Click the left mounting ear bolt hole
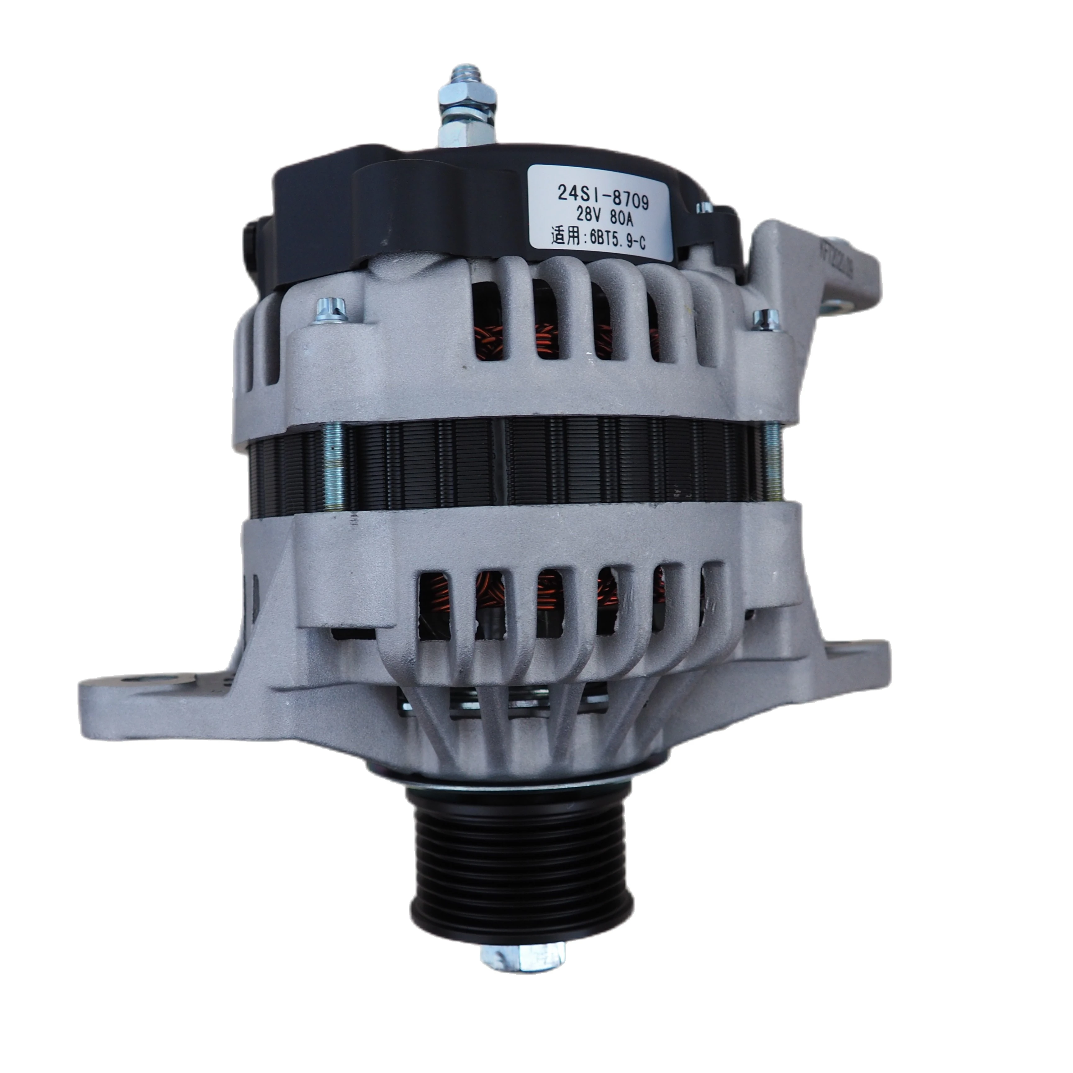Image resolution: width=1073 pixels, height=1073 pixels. click(x=136, y=681)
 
